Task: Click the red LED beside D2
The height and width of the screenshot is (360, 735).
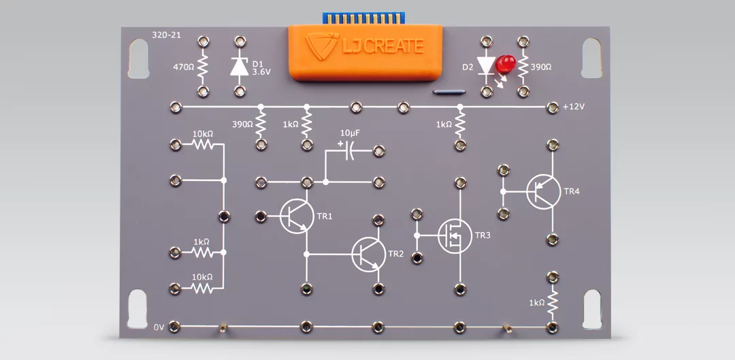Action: (505, 65)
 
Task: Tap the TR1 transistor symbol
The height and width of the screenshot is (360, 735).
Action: (297, 216)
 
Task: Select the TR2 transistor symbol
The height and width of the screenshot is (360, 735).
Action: (368, 254)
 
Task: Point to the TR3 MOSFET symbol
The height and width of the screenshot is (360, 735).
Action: (454, 235)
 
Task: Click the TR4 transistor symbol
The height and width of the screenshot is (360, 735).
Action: (543, 191)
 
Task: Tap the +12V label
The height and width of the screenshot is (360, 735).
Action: (574, 108)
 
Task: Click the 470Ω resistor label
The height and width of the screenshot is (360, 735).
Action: (183, 67)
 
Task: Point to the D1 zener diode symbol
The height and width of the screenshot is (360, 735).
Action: (239, 66)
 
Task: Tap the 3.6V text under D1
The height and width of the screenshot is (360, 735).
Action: (261, 71)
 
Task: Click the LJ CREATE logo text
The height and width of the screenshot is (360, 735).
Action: (383, 47)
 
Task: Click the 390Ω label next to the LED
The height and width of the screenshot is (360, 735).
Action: (540, 67)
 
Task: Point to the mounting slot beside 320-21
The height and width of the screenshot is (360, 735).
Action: (138, 58)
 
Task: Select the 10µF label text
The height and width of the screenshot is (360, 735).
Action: (349, 132)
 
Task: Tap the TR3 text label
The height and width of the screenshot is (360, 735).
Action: (483, 235)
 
